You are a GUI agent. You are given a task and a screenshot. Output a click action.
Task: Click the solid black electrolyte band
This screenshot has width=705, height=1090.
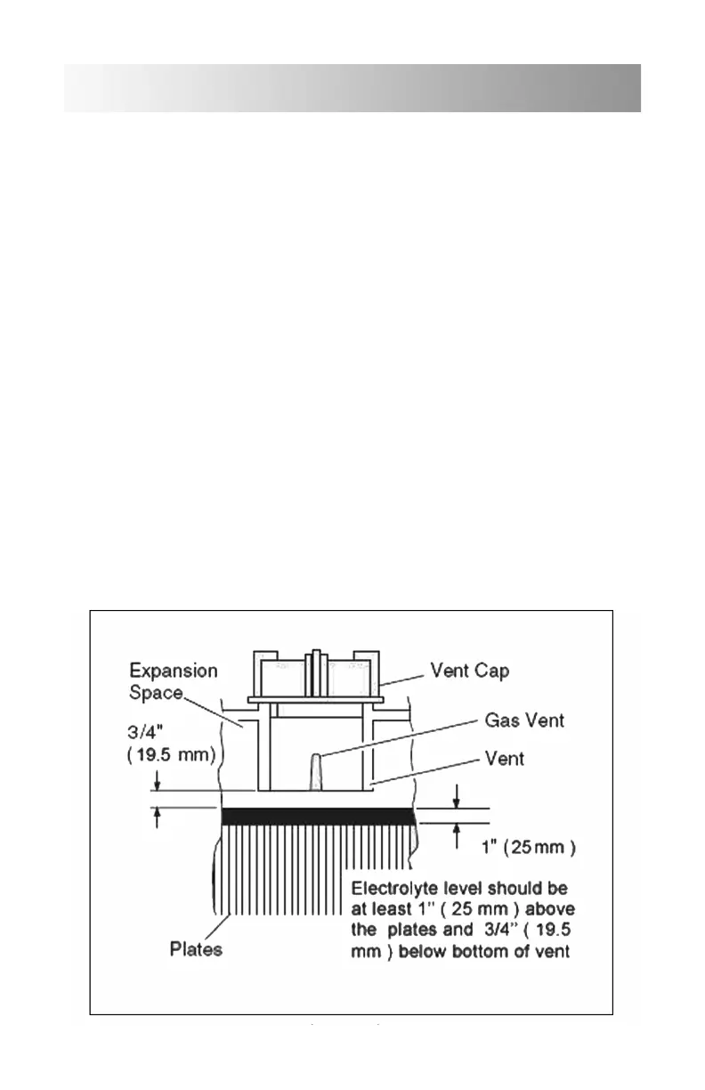[x=318, y=816]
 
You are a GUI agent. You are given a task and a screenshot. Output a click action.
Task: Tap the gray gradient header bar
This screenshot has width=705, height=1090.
[x=352, y=88]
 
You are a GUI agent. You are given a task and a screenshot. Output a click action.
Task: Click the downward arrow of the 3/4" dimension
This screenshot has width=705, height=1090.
[x=157, y=780]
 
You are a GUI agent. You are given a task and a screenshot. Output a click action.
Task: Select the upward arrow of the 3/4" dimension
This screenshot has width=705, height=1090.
[x=157, y=817]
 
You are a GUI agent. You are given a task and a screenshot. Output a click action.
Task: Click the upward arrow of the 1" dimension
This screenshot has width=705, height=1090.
[x=456, y=833]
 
